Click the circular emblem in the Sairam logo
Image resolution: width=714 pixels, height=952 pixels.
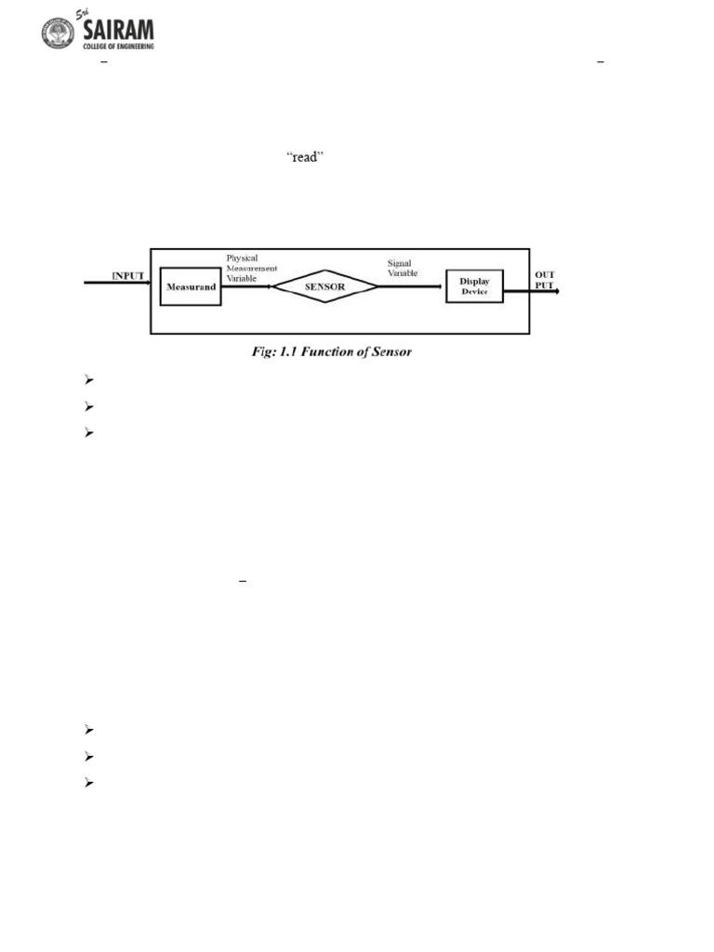[57, 33]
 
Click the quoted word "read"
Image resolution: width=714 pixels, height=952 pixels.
[304, 158]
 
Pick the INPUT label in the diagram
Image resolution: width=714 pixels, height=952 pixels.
[127, 276]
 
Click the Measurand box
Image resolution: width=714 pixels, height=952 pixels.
[191, 287]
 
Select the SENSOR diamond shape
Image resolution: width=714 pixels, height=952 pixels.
[325, 287]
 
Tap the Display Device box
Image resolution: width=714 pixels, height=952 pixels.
[474, 286]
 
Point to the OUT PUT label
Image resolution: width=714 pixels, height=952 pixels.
[543, 280]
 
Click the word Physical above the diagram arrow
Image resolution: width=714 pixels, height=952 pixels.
[242, 257]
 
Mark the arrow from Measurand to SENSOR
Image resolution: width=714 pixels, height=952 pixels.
[246, 287]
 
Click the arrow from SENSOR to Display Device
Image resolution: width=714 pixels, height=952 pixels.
[412, 287]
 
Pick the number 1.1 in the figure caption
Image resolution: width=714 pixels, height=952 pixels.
[276, 353]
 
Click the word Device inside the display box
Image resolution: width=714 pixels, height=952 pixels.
[474, 292]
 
